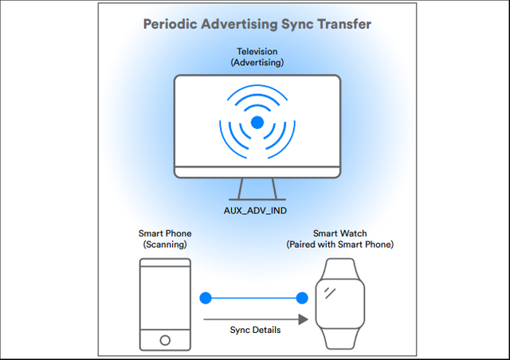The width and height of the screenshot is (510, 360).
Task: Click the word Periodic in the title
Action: (170, 24)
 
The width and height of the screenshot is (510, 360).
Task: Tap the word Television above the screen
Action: (257, 52)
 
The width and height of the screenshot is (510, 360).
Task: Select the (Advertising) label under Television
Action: (257, 62)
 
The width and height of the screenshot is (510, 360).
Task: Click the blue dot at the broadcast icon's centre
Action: (257, 123)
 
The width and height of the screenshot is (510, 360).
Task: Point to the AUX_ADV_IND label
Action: (255, 211)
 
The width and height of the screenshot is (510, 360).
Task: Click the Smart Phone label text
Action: (165, 233)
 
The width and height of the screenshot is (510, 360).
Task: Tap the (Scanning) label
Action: (165, 245)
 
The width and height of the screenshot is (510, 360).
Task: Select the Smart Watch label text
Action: (340, 233)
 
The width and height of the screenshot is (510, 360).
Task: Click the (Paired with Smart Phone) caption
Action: (340, 245)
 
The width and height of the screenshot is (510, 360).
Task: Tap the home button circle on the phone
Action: (165, 340)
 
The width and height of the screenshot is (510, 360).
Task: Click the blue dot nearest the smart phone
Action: (206, 298)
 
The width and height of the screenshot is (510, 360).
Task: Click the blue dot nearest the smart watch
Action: (302, 298)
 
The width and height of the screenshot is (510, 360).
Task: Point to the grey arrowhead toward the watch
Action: (303, 319)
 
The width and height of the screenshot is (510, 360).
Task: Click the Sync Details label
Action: (255, 330)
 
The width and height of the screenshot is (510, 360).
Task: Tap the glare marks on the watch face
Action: (330, 292)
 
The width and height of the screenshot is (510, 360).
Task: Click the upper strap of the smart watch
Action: (340, 268)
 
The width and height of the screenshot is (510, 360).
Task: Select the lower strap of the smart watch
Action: (340, 338)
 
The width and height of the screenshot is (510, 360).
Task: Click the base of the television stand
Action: (257, 199)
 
